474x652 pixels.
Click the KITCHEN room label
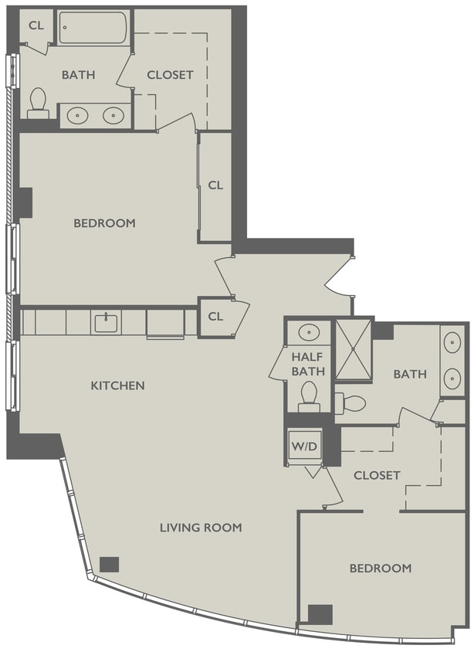coord(117,385)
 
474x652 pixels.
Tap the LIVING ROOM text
coord(201,528)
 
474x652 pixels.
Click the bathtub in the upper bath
coord(93,29)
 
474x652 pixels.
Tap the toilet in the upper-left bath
coord(38,103)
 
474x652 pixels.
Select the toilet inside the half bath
coord(309,395)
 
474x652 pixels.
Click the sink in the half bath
coord(309,332)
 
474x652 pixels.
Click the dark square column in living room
coord(110,563)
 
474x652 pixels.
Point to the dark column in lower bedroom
coord(320,614)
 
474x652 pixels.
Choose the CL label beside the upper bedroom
coord(215,185)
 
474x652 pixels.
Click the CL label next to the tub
coord(36,25)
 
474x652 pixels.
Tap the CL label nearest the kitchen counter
coord(215,317)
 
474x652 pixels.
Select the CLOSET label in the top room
coord(170,75)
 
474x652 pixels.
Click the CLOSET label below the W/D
coord(377,475)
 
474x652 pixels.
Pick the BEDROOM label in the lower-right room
coord(380,568)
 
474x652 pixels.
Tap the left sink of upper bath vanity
coord(77,116)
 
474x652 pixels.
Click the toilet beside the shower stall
coord(351,402)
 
